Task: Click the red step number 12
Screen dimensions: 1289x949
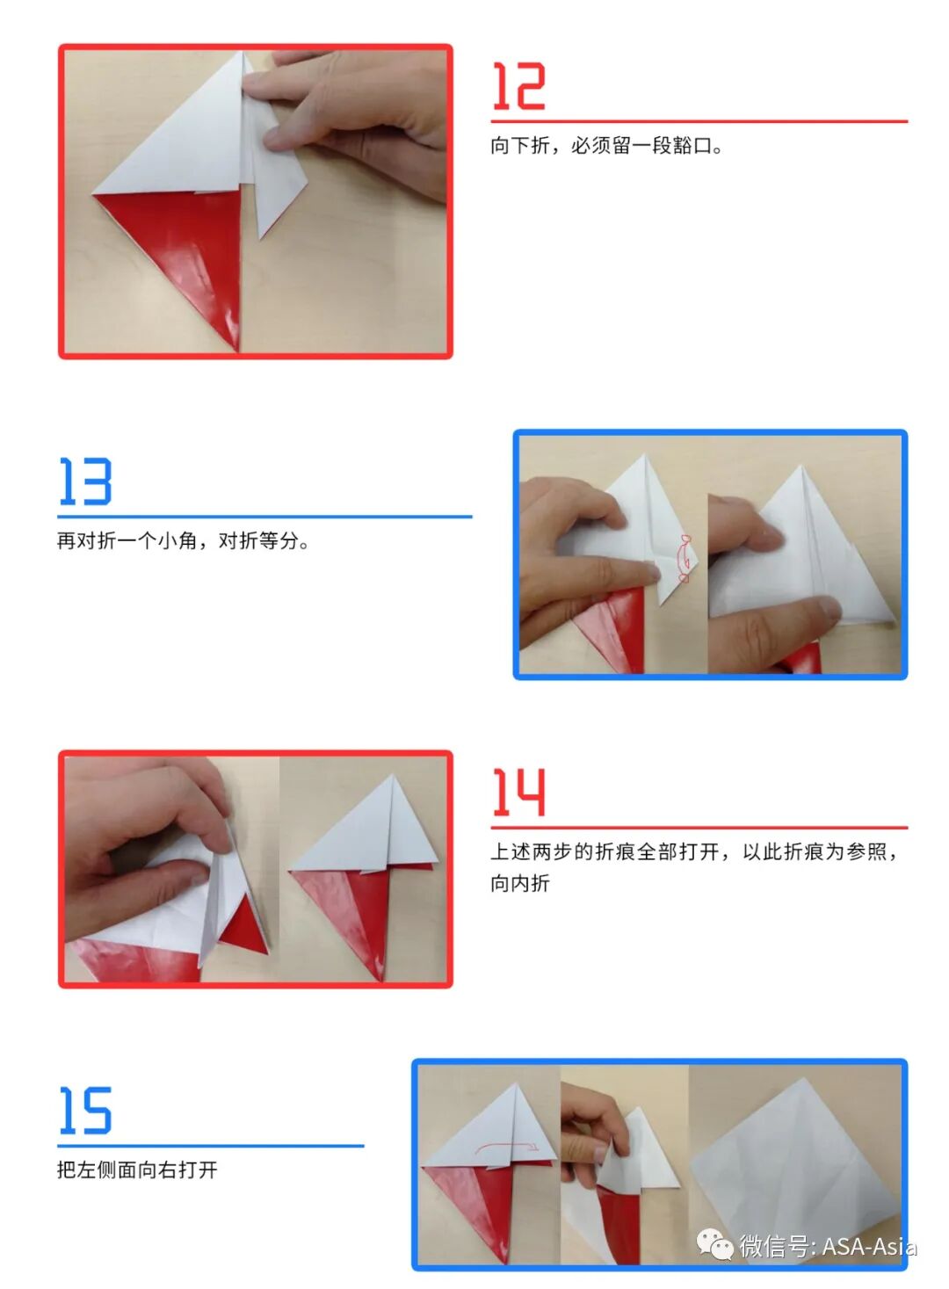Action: tap(518, 86)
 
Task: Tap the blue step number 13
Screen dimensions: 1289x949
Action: tap(85, 482)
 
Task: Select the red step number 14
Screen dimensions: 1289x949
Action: tap(518, 792)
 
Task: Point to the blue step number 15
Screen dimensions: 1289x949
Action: tap(85, 1111)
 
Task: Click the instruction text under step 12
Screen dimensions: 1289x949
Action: tap(606, 146)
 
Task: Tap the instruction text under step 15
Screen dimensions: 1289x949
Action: tap(137, 1170)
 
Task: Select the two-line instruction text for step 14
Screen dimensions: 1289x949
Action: tap(694, 866)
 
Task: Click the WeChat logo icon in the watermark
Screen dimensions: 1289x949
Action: tap(714, 1244)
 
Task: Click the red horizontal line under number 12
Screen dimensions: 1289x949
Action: tap(699, 121)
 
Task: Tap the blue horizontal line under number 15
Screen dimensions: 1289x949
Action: tap(211, 1146)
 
